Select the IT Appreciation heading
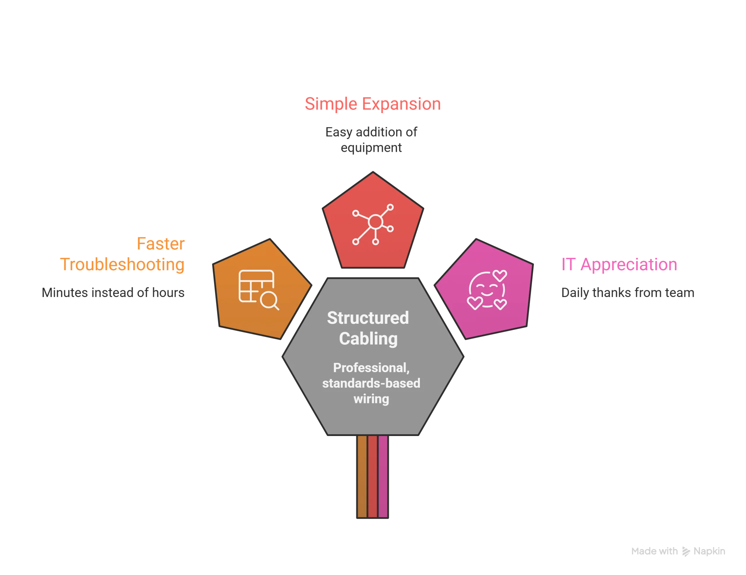click(619, 264)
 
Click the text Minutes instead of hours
click(113, 293)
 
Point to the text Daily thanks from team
click(628, 293)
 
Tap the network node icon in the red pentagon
click(373, 224)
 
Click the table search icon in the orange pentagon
click(258, 290)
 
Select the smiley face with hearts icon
click(487, 290)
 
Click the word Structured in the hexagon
click(368, 318)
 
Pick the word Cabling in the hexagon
click(368, 339)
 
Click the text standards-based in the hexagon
click(371, 383)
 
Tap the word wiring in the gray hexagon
click(371, 399)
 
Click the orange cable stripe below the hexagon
click(362, 476)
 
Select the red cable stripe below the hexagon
click(373, 476)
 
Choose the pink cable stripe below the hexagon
click(383, 476)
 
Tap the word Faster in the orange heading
click(161, 244)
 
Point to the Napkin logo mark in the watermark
click(686, 552)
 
